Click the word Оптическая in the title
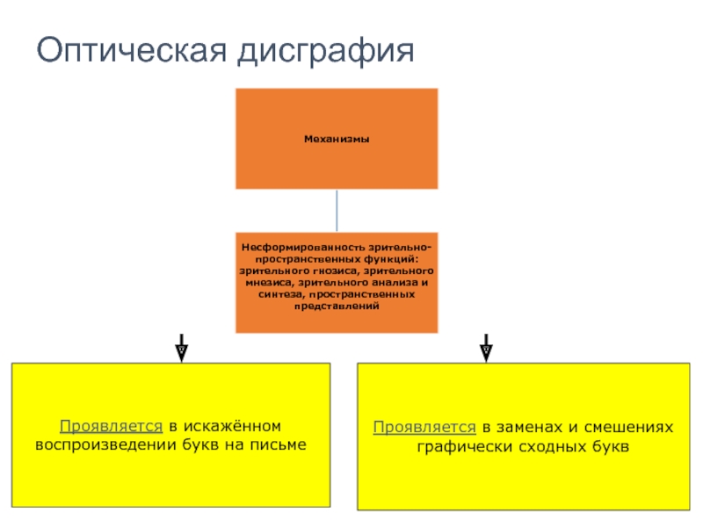click(131, 51)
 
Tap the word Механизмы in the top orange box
click(336, 139)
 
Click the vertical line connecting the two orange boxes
click(337, 211)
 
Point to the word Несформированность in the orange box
click(298, 249)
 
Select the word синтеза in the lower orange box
click(276, 294)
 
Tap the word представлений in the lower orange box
click(336, 306)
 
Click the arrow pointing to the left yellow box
click(180, 348)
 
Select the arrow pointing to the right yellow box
click(486, 348)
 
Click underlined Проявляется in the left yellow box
click(111, 427)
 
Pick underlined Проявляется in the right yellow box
click(424, 428)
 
